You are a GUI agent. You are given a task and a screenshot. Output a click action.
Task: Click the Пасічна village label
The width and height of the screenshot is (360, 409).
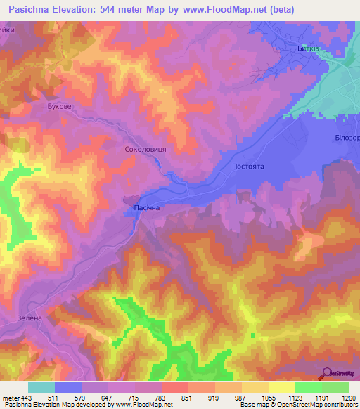(x=146, y=209)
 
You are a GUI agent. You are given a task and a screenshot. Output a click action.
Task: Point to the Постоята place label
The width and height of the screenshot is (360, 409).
(x=247, y=167)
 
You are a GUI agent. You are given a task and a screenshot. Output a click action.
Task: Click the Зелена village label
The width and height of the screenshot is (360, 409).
(x=30, y=318)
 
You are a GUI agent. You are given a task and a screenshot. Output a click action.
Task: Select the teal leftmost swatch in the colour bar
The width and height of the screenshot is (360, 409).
(x=41, y=387)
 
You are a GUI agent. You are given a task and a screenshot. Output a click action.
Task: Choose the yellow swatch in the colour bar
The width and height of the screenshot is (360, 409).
(x=281, y=387)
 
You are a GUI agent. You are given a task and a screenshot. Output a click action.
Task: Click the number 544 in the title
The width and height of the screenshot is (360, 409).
(x=113, y=9)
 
